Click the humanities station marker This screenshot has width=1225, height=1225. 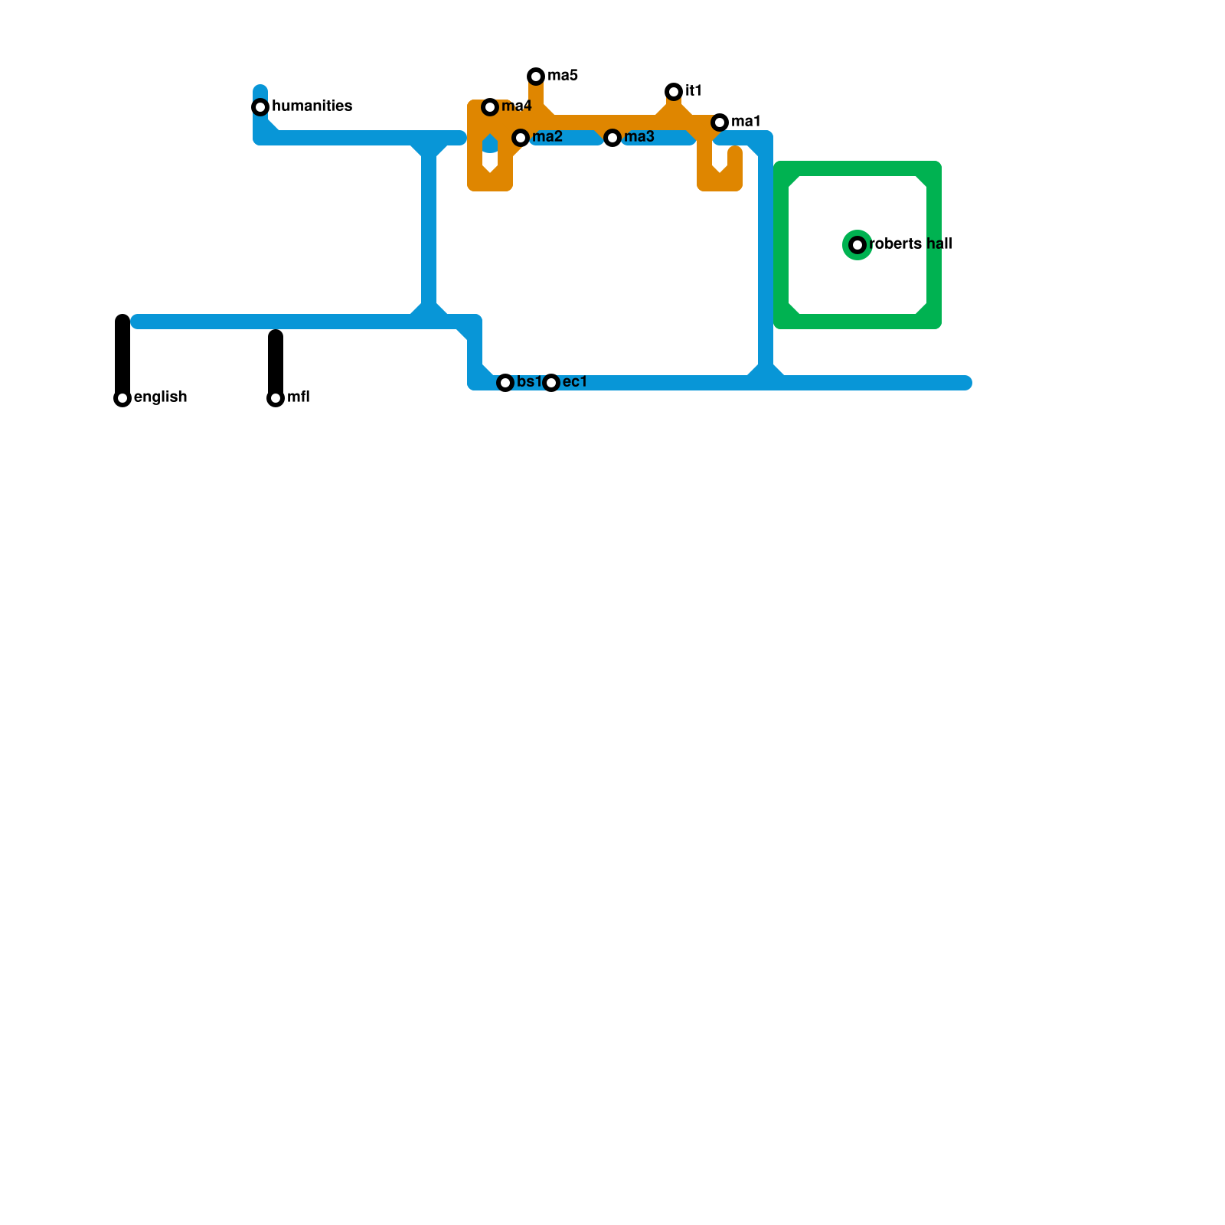260,107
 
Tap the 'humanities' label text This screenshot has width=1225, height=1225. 312,106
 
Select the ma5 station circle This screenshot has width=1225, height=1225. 536,77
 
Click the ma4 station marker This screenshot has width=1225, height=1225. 490,107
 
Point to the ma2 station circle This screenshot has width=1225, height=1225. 521,138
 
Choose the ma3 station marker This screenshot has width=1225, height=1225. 612,138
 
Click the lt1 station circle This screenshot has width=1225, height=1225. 674,92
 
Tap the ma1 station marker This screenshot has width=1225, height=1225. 720,122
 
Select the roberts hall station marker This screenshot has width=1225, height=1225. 857,245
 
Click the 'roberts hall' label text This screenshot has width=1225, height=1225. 910,244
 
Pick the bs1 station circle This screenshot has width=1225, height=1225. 505,383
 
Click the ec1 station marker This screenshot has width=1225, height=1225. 551,383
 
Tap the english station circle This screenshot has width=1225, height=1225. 122,398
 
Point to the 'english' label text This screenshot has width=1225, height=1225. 160,397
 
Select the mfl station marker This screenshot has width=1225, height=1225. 276,398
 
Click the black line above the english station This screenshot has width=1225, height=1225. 122,352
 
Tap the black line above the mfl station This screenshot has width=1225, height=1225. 276,360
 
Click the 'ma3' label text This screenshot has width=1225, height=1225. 639,137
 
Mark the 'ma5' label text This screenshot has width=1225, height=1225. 563,76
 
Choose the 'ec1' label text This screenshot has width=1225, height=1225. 574,382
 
